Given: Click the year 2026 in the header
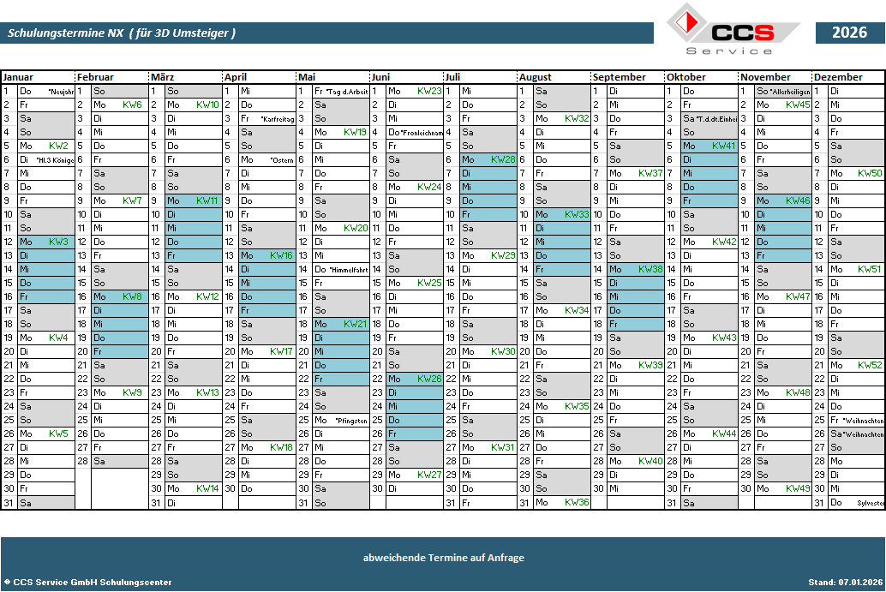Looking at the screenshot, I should pos(849,33).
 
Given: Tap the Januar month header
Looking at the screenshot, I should pos(18,77).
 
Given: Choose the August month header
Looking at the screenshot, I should pos(536,77).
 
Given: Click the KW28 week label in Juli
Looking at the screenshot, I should pos(503,159).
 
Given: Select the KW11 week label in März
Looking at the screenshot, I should pos(207,200).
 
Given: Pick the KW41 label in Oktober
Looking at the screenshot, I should pos(724,146).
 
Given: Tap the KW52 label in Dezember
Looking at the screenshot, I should pos(870,365).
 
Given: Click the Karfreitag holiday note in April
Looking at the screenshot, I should pos(278,119).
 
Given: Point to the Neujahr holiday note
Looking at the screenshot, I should pos(61,92).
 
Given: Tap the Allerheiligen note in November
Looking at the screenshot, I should pos(791,92).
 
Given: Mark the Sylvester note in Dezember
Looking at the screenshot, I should pos(870,503).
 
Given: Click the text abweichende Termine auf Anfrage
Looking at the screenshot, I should pos(443,558).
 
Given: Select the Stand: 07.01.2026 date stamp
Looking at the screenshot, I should pos(843,583).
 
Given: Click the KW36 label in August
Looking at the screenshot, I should pos(577,502).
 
